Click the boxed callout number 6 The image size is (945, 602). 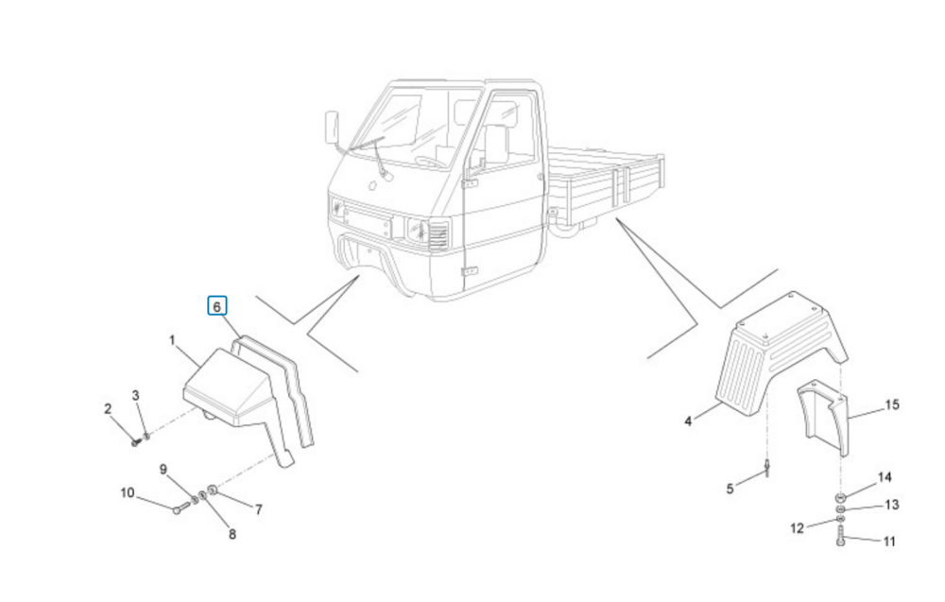[217, 307]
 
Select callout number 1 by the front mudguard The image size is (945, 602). [172, 341]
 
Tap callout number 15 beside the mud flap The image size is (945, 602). [892, 404]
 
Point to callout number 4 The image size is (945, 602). [688, 421]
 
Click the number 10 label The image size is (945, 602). [128, 493]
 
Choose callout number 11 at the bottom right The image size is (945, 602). [889, 542]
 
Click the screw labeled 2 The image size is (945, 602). [135, 442]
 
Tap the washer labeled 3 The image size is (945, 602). [146, 436]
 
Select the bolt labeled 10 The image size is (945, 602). [181, 507]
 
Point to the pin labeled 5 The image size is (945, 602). [767, 468]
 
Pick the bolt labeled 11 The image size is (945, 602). [841, 536]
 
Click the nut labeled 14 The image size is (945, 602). [839, 498]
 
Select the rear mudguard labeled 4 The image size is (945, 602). [782, 354]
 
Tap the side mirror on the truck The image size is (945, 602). [331, 128]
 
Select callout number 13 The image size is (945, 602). [892, 505]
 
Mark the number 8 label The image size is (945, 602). [232, 535]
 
